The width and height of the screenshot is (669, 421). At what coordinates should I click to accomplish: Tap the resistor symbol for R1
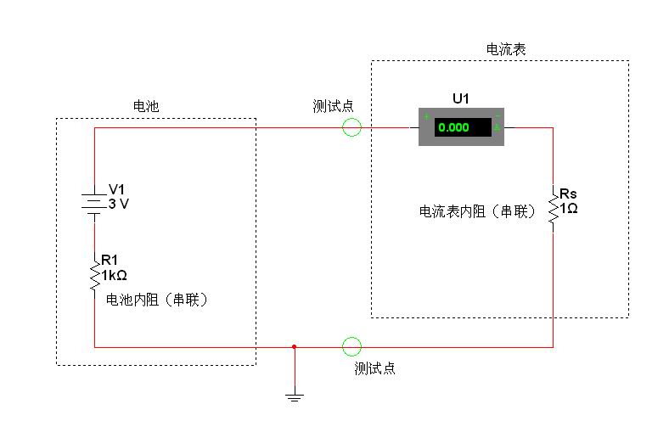pos(94,274)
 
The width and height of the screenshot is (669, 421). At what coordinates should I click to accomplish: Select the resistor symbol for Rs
pos(553,208)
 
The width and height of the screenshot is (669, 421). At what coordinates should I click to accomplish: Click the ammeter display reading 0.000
pos(463,127)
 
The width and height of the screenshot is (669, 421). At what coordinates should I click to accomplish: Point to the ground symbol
pos(295,396)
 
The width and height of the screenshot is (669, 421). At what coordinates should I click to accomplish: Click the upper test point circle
pos(351,127)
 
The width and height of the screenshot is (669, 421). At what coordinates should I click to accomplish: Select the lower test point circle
pos(351,346)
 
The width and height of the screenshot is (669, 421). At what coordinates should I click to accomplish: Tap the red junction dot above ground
pos(295,346)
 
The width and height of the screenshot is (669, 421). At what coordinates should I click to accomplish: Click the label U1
pos(461,99)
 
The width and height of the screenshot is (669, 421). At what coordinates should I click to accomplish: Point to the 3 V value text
pos(120,204)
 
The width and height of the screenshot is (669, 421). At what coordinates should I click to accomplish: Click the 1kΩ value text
pos(115,275)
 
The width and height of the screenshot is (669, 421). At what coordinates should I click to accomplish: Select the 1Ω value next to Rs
pos(569,207)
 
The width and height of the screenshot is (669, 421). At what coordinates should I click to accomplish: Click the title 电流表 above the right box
pos(506,49)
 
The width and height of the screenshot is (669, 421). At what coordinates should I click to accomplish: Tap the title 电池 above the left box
pos(146,106)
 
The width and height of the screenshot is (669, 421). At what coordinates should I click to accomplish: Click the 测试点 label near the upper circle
pos(333,106)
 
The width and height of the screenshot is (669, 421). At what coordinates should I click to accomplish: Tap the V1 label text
pos(116,189)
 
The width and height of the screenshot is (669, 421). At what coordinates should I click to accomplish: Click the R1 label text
pos(110,261)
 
